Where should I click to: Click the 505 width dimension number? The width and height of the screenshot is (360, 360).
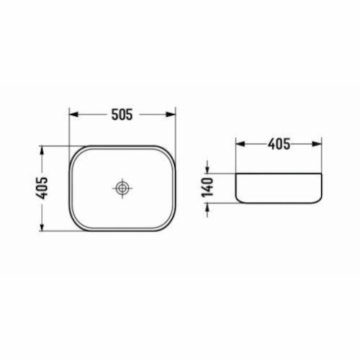(x=122, y=114)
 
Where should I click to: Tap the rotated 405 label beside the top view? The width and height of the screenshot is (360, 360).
(x=43, y=189)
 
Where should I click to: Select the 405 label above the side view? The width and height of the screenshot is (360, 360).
(x=278, y=144)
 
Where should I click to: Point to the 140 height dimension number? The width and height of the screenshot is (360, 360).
(x=207, y=187)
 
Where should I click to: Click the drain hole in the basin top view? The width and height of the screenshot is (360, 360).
(x=123, y=189)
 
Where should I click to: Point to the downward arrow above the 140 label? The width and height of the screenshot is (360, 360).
(x=207, y=168)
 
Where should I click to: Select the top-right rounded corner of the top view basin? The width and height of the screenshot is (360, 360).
(x=170, y=153)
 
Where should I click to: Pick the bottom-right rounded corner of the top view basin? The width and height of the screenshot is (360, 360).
(x=170, y=225)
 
